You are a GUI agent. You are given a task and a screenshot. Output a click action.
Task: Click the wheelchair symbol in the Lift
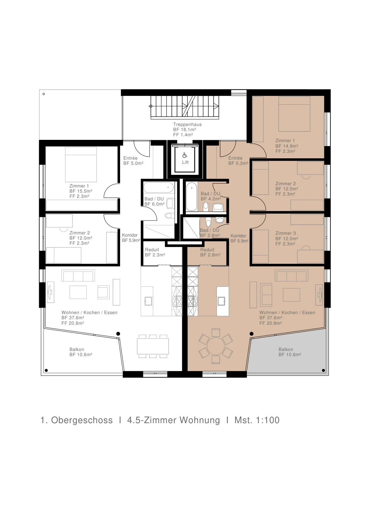point(185,155)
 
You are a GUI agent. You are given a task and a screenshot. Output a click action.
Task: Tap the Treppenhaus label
point(187,124)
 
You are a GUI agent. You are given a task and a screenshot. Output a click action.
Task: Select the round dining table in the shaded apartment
point(216,346)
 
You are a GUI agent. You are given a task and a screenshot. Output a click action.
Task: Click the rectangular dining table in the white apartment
point(153,346)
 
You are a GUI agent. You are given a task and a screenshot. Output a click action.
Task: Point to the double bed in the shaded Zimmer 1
point(294,114)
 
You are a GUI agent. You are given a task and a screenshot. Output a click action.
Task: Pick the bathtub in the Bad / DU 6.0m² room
point(159,187)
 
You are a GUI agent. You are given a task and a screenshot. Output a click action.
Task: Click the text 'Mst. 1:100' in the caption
point(257,420)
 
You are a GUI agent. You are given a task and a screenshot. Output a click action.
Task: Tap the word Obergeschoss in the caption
point(82,421)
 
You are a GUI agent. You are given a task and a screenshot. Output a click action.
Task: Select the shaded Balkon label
point(290,352)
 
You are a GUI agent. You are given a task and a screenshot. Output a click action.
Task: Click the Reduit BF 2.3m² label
point(155,252)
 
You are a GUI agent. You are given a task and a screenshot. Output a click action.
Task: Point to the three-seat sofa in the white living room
point(78,276)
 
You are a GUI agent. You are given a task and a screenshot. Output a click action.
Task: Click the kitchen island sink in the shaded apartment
point(221,301)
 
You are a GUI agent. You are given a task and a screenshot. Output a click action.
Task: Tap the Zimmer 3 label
point(285,233)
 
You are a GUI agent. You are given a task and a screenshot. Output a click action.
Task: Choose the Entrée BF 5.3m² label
point(238,161)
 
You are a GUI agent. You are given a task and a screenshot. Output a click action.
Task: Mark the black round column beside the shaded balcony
point(251,334)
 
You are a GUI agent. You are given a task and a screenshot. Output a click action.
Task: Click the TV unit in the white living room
point(50,292)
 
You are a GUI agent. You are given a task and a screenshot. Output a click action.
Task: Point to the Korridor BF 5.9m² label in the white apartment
point(131,238)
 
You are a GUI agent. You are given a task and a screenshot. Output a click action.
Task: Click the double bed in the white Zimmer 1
point(81,164)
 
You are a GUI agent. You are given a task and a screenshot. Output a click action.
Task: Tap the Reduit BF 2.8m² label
point(210,252)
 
